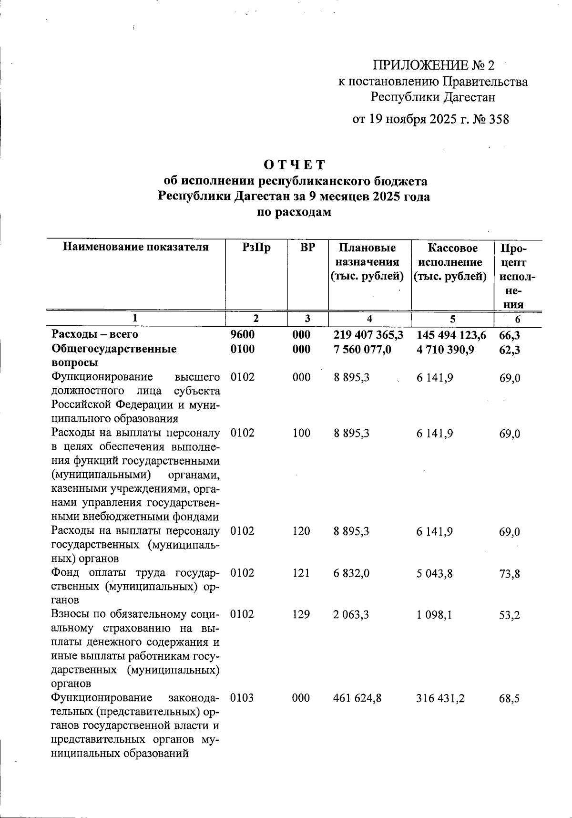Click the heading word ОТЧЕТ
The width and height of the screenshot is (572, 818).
pos(294,165)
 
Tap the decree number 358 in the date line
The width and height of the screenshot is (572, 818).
pos(499,119)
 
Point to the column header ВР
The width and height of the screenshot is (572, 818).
pos(307,248)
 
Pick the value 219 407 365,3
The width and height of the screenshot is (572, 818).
pos(368,335)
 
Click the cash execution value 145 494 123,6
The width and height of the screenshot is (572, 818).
pos(451,335)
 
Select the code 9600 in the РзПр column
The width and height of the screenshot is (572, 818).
pos(242,335)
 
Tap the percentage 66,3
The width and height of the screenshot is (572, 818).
pos(509,336)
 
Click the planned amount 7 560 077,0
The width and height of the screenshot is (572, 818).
pos(362,350)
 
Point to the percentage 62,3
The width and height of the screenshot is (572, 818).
pos(509,350)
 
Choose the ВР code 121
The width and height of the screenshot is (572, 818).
pos(301,573)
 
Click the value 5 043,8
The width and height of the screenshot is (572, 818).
pos(434,573)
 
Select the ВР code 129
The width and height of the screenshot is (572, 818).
pos(301,614)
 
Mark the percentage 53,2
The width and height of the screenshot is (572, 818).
pos(509,615)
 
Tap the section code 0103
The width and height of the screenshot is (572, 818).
pos(242,698)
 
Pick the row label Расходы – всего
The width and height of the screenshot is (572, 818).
pos(95,335)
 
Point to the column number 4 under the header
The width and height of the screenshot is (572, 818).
pos(369,319)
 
